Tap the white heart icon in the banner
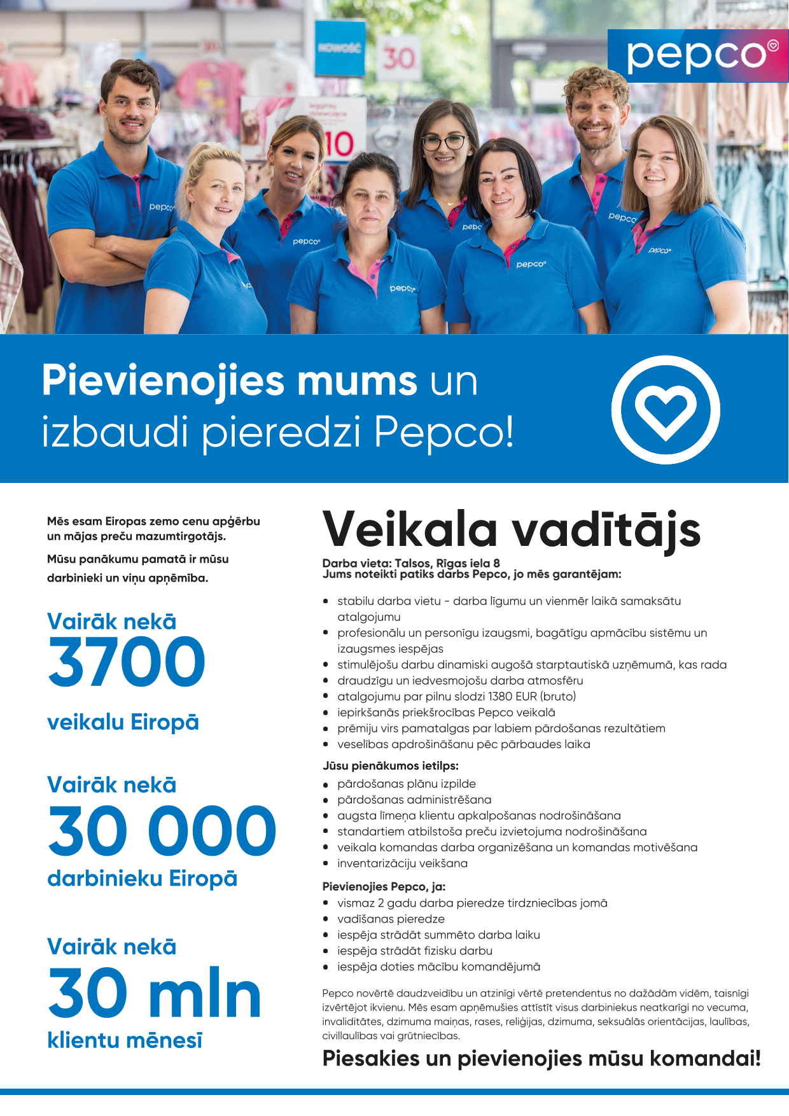(x=666, y=410)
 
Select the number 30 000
(x=162, y=831)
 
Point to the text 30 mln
(x=155, y=993)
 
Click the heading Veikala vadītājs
(x=512, y=530)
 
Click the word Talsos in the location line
(x=412, y=563)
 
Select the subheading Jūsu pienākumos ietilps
(x=390, y=765)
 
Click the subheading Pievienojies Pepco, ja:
(x=384, y=886)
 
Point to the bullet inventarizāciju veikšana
(x=402, y=863)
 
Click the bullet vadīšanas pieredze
(x=391, y=919)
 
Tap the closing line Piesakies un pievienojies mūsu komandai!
(x=541, y=1059)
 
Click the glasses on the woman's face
(x=443, y=142)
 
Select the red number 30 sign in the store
(x=398, y=59)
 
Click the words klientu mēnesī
(x=125, y=1040)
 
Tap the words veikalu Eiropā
(x=123, y=722)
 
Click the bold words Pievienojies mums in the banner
(x=230, y=381)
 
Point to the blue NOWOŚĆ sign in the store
(x=340, y=48)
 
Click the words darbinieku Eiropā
(x=142, y=879)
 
